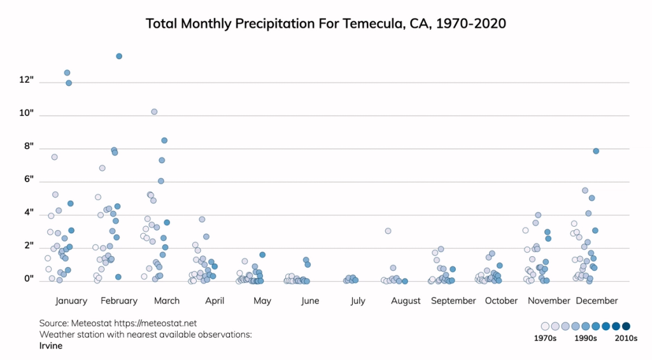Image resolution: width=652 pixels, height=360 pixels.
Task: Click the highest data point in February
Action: pos(119,56)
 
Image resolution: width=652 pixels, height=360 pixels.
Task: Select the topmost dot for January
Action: pos(67,73)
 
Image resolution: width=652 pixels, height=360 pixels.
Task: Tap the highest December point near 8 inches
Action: pos(596,151)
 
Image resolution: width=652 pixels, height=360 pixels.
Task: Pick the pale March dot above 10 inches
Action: pos(154,112)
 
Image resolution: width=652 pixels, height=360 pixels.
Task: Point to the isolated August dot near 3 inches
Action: pos(388,231)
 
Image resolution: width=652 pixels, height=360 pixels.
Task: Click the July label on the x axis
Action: pos(358,301)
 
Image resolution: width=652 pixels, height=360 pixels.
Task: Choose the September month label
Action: pos(453,301)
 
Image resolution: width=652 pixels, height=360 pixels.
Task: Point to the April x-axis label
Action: pos(215,301)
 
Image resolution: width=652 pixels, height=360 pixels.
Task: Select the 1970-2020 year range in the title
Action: pos(471,24)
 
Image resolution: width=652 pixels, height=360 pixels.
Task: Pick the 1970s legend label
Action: pos(545,339)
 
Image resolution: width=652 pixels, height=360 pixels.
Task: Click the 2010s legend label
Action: pos(626,339)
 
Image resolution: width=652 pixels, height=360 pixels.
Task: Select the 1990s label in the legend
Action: pos(585,339)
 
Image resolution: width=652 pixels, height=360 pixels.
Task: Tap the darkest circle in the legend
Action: pos(626,326)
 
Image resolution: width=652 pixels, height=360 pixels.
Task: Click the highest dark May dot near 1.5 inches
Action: pos(262,254)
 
